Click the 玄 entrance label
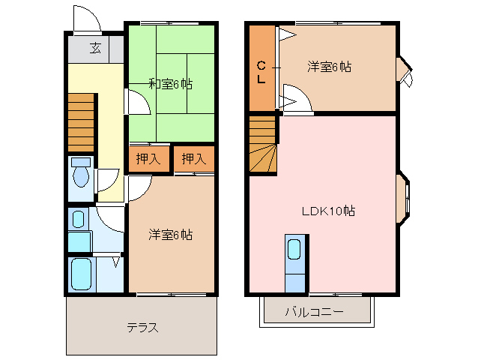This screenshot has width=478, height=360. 95,49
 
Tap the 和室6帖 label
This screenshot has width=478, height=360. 170,84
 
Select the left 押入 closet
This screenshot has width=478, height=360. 148,158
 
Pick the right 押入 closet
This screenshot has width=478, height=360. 193,158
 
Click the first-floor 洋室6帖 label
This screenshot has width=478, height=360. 170,235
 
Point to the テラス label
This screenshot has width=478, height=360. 142,328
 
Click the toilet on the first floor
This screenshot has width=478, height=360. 80,174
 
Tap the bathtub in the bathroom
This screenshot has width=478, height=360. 80,274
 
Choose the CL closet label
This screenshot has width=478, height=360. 261,71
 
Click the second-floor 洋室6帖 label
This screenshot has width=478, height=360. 329,67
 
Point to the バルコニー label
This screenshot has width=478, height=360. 314,311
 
